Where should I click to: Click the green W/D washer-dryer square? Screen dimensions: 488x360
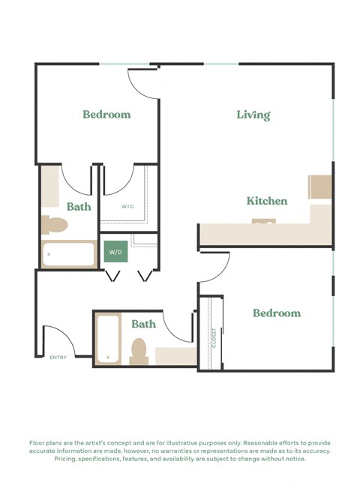point(115,252)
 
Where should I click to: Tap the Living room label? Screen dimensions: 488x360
point(253,115)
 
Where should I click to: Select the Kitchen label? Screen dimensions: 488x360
point(267,201)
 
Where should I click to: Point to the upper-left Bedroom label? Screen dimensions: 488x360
point(106,115)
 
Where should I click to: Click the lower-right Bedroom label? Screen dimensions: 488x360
point(276,313)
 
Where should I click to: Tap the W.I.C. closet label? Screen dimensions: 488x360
point(127,206)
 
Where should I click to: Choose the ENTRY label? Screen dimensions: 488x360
point(58,358)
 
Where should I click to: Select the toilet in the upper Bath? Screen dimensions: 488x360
point(54,224)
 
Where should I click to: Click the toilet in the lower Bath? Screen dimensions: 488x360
point(139,351)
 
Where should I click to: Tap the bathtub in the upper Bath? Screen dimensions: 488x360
point(68,254)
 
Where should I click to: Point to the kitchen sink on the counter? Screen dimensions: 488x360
point(263,222)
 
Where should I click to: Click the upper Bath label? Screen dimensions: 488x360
point(79,206)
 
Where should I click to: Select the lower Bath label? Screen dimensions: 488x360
point(143,324)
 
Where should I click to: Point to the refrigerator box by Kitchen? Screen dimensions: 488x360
point(320,187)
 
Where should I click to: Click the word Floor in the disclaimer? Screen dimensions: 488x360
point(37,443)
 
